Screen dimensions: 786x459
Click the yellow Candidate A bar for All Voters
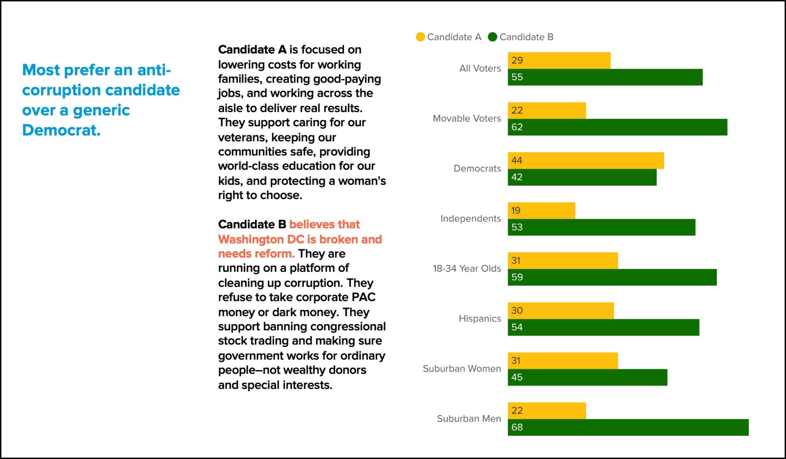click(x=559, y=61)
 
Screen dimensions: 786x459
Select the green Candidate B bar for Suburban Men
click(x=628, y=427)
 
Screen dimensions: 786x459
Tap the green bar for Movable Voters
click(x=617, y=127)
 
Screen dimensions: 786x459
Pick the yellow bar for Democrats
click(x=586, y=160)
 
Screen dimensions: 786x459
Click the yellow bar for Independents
click(x=541, y=210)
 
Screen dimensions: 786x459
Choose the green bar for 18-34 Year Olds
click(x=612, y=277)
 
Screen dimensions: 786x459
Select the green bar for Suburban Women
click(x=587, y=377)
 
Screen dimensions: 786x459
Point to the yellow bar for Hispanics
click(x=560, y=311)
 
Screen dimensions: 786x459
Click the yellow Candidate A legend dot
click(x=420, y=37)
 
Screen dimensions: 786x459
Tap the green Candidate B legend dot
click(x=492, y=37)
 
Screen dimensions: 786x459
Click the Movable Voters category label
click(x=467, y=118)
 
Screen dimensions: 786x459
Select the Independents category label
click(x=471, y=218)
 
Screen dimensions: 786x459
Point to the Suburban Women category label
click(x=462, y=369)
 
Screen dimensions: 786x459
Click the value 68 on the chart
click(x=517, y=427)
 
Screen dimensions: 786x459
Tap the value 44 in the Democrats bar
click(x=517, y=160)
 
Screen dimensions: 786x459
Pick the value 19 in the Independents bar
click(x=516, y=210)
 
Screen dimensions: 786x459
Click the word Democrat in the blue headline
click(x=61, y=130)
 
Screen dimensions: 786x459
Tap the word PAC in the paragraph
click(x=364, y=297)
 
